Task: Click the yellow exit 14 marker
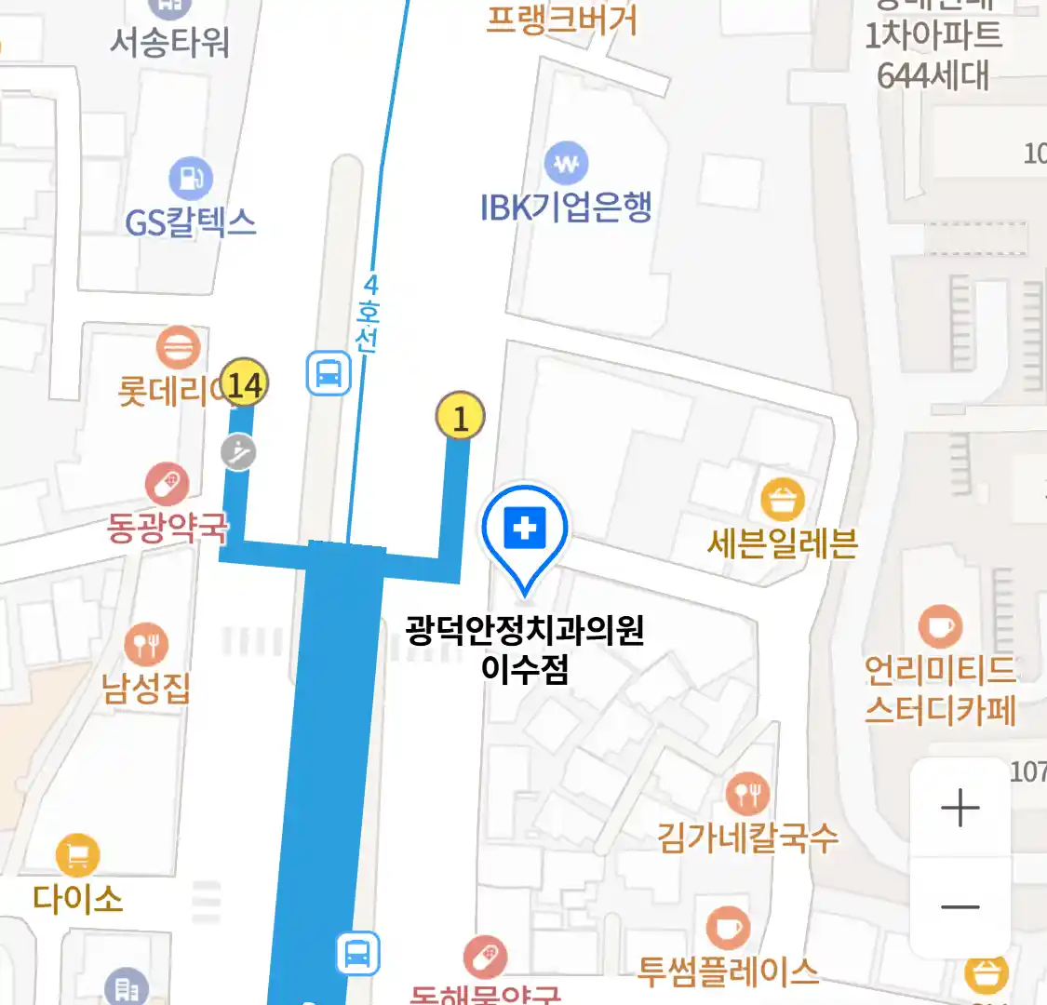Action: click(x=245, y=383)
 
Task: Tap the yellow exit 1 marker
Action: click(x=460, y=416)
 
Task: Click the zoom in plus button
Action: click(x=960, y=808)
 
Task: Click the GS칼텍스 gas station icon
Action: click(x=191, y=177)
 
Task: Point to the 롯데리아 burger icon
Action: click(x=178, y=348)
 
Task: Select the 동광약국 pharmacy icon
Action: click(x=167, y=485)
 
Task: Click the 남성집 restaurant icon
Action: click(x=146, y=645)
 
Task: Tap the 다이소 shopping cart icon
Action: click(x=77, y=854)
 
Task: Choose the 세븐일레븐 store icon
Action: click(x=782, y=501)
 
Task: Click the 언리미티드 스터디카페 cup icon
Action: click(x=939, y=626)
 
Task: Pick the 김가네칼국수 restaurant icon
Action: click(x=747, y=794)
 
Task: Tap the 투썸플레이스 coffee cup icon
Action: click(x=727, y=928)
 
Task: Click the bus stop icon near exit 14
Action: click(x=329, y=374)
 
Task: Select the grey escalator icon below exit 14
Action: click(x=239, y=452)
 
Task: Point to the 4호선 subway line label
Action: click(x=369, y=313)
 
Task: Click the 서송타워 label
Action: click(x=169, y=42)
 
